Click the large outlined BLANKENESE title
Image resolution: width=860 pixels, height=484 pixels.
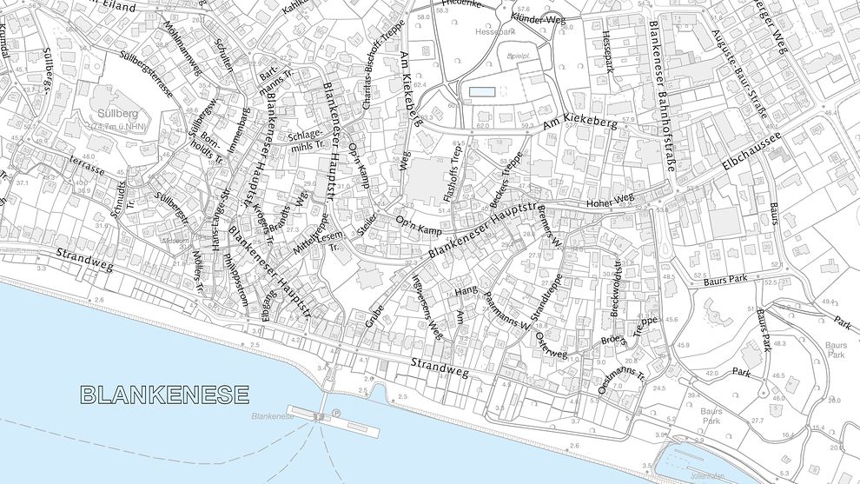164,395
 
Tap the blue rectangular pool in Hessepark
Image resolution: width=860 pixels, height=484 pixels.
482,91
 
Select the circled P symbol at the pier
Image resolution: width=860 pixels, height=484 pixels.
336,415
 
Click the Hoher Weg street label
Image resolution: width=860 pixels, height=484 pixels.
612,201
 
